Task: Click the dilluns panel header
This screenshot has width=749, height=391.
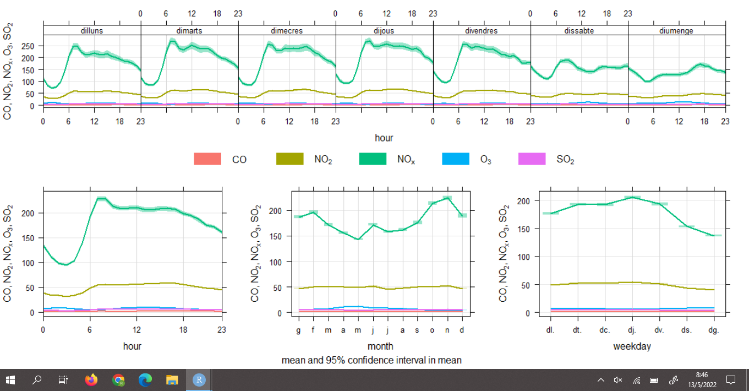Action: click(x=92, y=31)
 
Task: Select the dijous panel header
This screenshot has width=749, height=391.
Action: click(x=384, y=31)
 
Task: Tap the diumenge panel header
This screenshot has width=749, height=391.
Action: click(x=676, y=31)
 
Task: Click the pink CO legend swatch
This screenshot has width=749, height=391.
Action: click(x=207, y=159)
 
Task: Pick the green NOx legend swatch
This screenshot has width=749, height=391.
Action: click(x=373, y=159)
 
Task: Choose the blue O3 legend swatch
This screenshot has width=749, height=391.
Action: click(x=456, y=159)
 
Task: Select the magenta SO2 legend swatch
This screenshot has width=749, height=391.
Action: click(x=532, y=159)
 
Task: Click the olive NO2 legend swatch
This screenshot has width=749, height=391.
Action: click(x=289, y=159)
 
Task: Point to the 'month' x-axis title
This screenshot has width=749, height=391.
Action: click(x=380, y=346)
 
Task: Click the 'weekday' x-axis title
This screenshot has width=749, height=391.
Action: click(x=632, y=346)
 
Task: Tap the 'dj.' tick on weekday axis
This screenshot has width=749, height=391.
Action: click(x=632, y=330)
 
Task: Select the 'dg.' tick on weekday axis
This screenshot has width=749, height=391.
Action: click(x=714, y=330)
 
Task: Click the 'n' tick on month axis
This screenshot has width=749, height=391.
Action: click(x=447, y=330)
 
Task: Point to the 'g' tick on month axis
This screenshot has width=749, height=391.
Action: click(x=298, y=330)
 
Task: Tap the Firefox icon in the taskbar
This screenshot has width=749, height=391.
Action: click(x=91, y=380)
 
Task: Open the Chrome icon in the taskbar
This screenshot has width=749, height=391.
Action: click(x=118, y=380)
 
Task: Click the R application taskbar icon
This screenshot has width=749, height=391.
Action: click(x=199, y=380)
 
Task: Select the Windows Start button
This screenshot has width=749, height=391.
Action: click(x=10, y=380)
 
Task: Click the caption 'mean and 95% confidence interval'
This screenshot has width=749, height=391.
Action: click(x=371, y=360)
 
